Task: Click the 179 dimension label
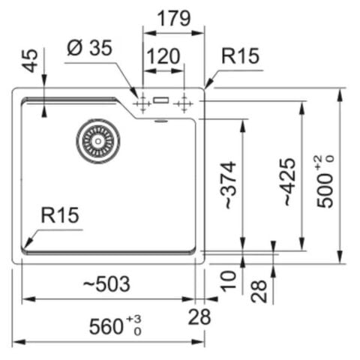[x=174, y=18]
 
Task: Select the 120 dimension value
[x=163, y=56]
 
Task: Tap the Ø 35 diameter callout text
[x=89, y=47]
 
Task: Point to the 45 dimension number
[x=30, y=61]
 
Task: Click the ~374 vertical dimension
[x=228, y=185]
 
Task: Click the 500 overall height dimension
[x=325, y=190]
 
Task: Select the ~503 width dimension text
[x=106, y=283]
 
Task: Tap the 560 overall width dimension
[x=106, y=326]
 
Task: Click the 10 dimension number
[x=228, y=281]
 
